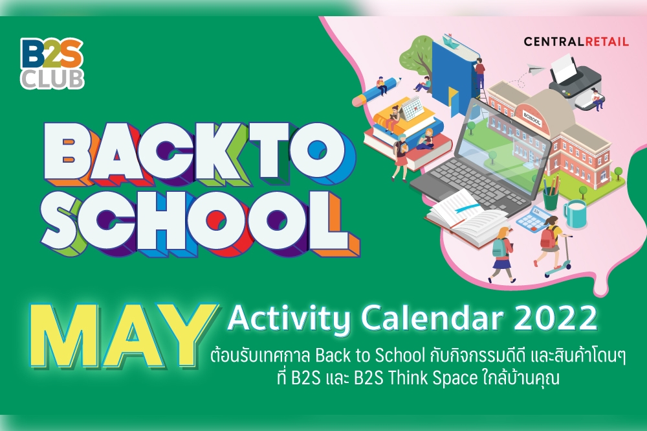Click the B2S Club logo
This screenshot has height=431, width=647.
[x=52, y=63]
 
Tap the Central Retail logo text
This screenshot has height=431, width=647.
[x=576, y=41]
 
